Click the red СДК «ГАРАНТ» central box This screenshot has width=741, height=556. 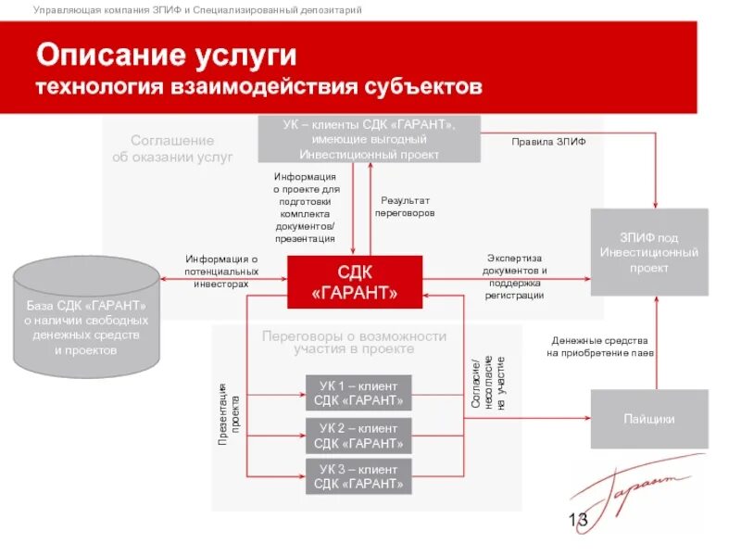(355, 283)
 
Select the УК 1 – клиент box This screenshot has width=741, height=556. (358, 393)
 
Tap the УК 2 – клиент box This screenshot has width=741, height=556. (358, 436)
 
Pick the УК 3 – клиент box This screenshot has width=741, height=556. (358, 476)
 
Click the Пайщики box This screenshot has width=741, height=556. (649, 419)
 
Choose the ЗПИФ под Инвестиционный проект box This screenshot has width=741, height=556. (649, 252)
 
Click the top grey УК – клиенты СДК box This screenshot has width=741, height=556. (370, 139)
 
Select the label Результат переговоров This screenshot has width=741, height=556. (405, 206)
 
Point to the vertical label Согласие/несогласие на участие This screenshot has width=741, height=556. (488, 384)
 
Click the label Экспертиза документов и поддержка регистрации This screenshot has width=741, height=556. (514, 276)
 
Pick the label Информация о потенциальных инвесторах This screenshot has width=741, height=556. (221, 272)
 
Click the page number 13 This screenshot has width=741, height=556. (578, 521)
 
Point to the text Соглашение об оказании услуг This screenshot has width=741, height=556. (172, 148)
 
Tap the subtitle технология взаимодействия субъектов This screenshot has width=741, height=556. (259, 88)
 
